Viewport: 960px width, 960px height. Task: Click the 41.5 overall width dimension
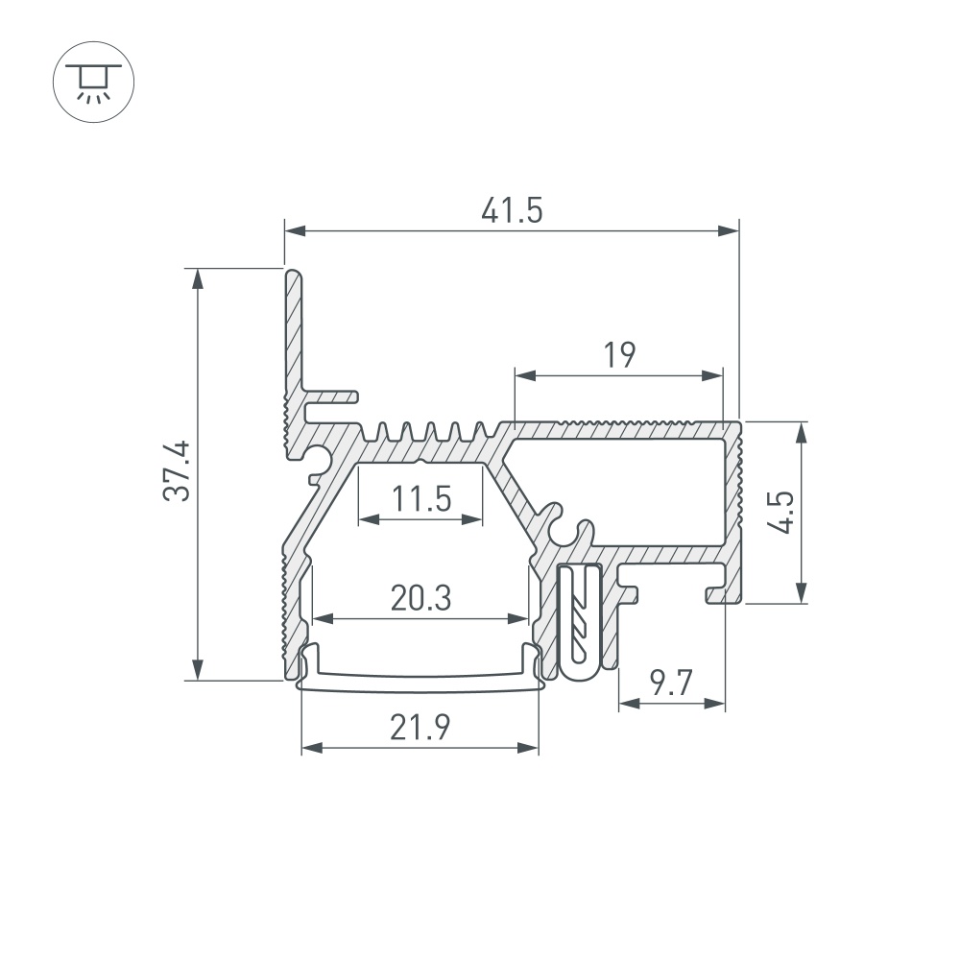[x=512, y=210]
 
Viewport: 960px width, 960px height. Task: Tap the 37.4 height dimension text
[x=177, y=471]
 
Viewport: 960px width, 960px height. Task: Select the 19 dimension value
[x=619, y=355]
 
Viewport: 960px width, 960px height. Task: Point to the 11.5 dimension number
[x=421, y=498]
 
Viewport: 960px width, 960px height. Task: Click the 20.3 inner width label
[x=421, y=598]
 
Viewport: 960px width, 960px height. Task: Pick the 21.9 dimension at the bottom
[x=420, y=728]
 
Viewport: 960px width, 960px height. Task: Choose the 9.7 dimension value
[x=671, y=683]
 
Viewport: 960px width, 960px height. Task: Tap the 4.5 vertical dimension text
[x=781, y=512]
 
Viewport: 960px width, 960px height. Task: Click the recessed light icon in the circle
[x=94, y=82]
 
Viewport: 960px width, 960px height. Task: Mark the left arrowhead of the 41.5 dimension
[x=295, y=230]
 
